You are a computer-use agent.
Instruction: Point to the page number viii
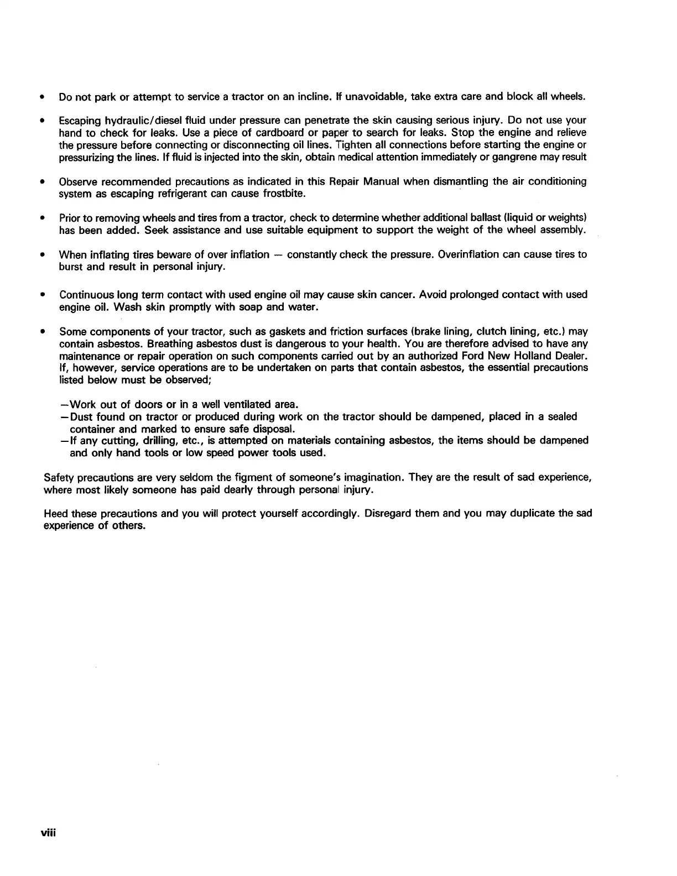coord(51,833)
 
